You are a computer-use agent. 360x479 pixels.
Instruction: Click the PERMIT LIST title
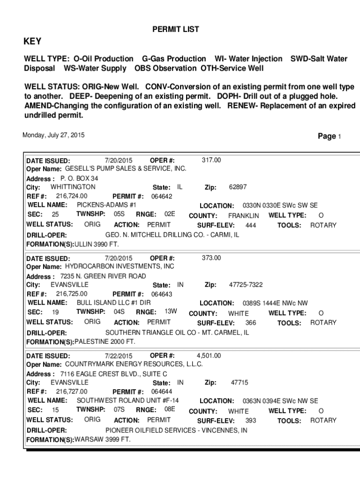click(x=176, y=29)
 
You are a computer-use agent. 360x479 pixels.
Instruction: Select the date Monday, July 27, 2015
click(x=54, y=135)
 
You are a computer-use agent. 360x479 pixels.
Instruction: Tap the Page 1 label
click(x=330, y=136)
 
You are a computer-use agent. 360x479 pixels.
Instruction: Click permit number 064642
click(x=162, y=196)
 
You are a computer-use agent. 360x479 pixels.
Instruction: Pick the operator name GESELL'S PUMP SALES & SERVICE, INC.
click(x=125, y=168)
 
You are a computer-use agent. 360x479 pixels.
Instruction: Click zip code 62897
click(x=238, y=187)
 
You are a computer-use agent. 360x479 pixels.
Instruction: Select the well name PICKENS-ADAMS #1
click(x=107, y=205)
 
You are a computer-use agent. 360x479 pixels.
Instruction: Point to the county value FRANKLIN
click(x=243, y=216)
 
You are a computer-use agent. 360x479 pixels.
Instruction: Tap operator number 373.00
click(x=211, y=258)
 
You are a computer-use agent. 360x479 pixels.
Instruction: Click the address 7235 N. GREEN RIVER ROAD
click(x=103, y=276)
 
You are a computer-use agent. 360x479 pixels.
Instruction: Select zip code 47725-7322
click(x=245, y=285)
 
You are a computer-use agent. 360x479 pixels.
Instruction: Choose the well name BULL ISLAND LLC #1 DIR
click(x=114, y=303)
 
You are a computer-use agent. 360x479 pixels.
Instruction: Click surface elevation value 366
click(x=251, y=323)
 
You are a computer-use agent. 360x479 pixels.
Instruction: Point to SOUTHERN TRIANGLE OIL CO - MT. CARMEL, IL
click(x=177, y=333)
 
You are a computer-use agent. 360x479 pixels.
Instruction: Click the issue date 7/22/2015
click(x=119, y=356)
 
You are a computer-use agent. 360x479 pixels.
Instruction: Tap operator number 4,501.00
click(x=209, y=356)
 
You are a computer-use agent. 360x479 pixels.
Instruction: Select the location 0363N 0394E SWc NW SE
click(x=280, y=401)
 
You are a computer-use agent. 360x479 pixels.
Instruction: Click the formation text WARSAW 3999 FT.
click(x=102, y=439)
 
